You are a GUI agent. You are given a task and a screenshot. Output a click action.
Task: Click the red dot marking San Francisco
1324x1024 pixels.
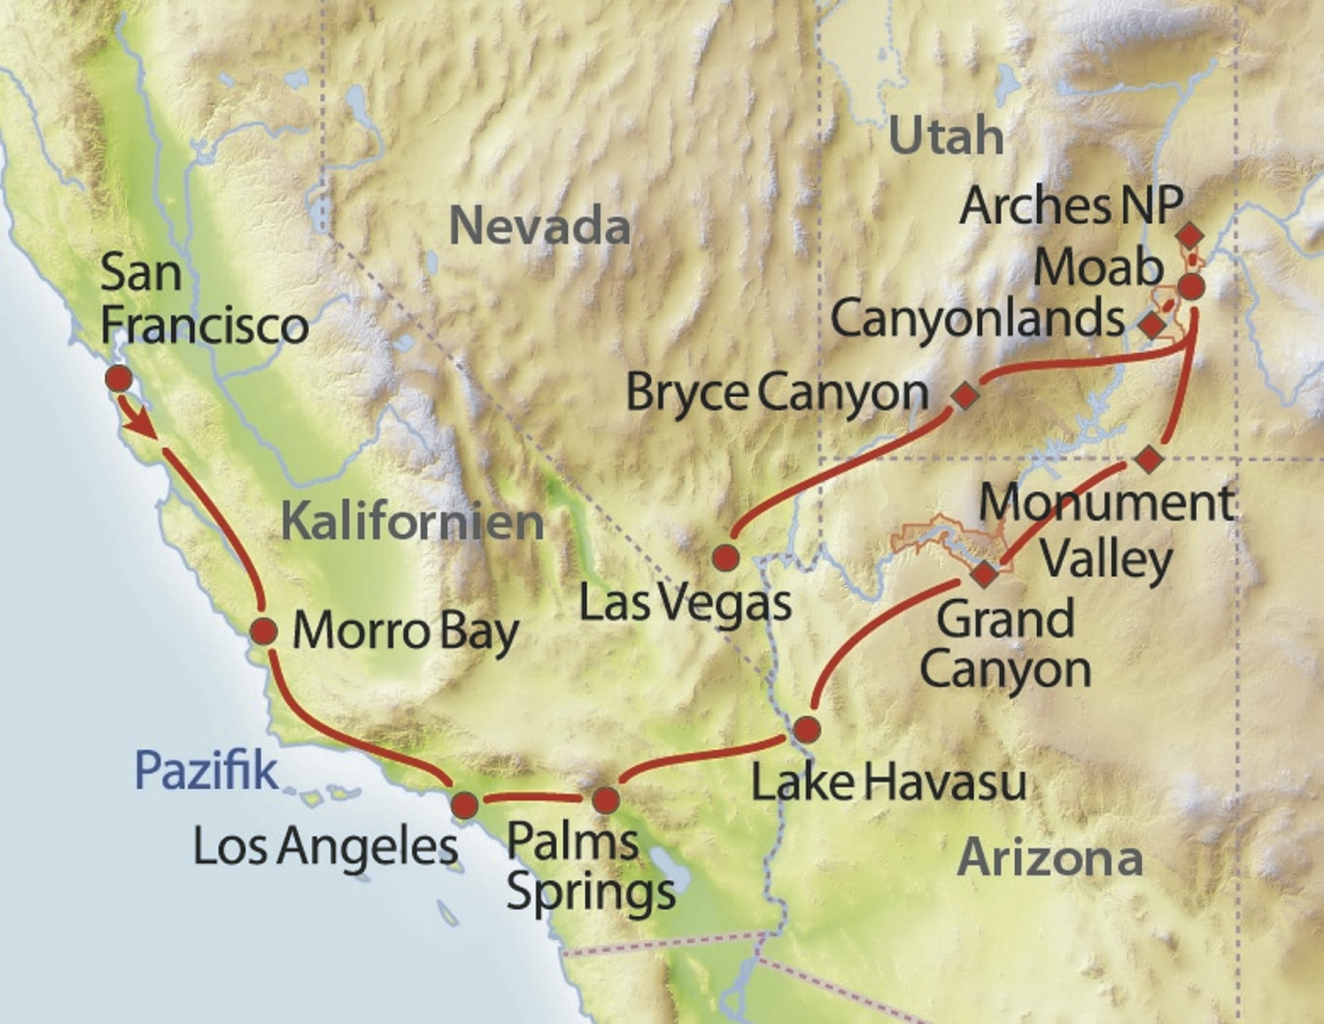pyautogui.click(x=119, y=379)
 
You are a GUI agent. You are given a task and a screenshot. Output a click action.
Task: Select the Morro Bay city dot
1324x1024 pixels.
pyautogui.click(x=263, y=632)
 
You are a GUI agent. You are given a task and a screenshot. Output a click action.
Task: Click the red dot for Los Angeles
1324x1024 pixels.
pyautogui.click(x=464, y=805)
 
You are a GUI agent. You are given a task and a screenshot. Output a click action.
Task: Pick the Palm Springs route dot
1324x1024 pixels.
pyautogui.click(x=606, y=801)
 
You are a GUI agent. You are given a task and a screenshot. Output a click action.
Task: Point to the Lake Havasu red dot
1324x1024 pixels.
pyautogui.click(x=807, y=729)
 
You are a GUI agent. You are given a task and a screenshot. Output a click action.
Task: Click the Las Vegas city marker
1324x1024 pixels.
pyautogui.click(x=726, y=557)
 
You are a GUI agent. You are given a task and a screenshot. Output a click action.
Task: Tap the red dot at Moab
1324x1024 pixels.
pyautogui.click(x=1191, y=286)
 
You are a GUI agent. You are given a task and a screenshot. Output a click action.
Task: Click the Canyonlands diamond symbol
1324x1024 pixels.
pyautogui.click(x=1152, y=325)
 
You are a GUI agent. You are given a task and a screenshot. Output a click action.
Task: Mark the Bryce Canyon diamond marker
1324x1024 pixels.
pyautogui.click(x=965, y=395)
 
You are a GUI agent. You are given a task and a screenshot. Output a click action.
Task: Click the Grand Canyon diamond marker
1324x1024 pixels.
pyautogui.click(x=984, y=573)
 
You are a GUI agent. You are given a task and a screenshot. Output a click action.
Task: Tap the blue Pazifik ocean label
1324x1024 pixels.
pyautogui.click(x=206, y=770)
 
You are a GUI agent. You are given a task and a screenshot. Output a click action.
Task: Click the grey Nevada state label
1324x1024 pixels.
pyautogui.click(x=539, y=226)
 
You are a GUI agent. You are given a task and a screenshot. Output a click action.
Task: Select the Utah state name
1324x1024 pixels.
pyautogui.click(x=946, y=137)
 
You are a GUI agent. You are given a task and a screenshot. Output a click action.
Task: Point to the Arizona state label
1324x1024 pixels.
pyautogui.click(x=1050, y=859)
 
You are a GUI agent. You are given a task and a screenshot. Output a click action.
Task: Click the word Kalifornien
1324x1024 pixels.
pyautogui.click(x=412, y=522)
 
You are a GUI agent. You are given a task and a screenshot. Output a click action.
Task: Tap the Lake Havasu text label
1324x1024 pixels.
pyautogui.click(x=888, y=783)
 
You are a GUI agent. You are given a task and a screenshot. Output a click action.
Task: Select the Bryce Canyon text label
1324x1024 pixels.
pyautogui.click(x=777, y=394)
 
